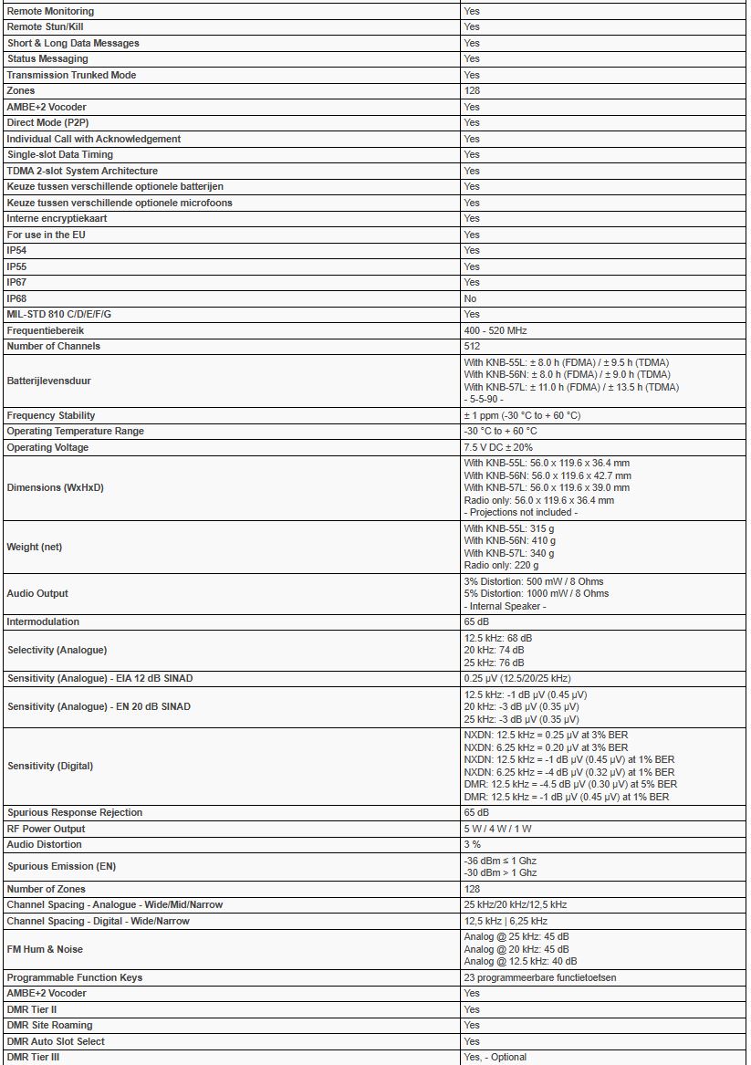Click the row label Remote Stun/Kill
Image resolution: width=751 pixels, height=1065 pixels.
coord(38,27)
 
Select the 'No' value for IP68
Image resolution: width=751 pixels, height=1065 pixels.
coord(470,298)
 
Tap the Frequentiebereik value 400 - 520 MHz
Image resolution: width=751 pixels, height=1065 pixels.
coord(495,330)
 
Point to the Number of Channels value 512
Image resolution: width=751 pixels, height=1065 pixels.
coord(472,346)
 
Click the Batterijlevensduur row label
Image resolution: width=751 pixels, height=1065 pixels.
coord(48,381)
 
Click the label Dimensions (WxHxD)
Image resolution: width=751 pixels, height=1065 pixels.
coord(55,487)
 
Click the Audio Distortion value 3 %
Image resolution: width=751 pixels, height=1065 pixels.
coord(472,844)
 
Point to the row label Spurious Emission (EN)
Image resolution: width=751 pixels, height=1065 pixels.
coord(61,866)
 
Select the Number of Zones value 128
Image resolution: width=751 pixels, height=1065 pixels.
coord(472,889)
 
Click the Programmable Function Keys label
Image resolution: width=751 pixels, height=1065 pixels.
coord(75,977)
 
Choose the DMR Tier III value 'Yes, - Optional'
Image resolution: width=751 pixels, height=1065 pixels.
coord(495,1057)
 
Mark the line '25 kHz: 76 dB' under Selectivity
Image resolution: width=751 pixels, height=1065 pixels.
coord(494,663)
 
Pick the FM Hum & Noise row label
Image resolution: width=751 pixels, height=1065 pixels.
coord(45,949)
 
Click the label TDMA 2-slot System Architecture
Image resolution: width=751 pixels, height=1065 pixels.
coord(82,171)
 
